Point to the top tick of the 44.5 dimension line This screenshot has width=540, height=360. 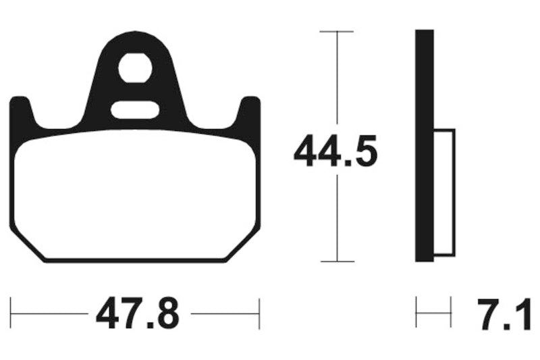[x=335, y=32]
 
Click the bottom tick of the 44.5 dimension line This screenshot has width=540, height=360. [x=335, y=261]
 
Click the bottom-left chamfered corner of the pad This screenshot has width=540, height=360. [x=27, y=243]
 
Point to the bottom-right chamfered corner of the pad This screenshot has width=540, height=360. [x=243, y=243]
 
